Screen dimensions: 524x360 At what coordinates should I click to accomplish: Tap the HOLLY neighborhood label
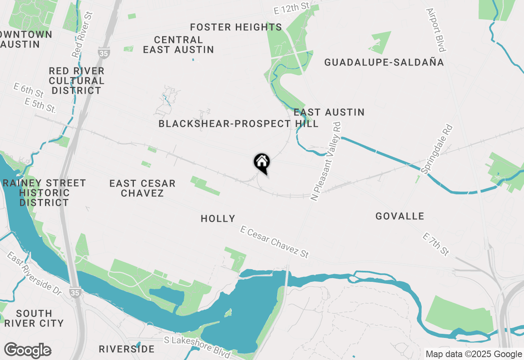218,219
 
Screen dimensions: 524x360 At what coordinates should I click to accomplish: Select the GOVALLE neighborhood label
400,216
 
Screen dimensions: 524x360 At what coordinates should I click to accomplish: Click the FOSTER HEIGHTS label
236,27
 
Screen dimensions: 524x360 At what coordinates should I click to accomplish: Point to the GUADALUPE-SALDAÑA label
384,62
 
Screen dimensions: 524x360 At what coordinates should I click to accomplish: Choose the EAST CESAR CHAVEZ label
142,188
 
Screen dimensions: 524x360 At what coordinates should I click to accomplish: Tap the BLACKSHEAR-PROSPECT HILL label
238,124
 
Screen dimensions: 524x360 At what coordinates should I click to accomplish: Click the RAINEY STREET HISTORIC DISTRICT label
44,193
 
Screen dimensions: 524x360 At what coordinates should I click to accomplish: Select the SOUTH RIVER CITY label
34,318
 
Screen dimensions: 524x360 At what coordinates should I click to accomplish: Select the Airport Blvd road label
436,30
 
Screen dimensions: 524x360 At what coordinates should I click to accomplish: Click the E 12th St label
291,8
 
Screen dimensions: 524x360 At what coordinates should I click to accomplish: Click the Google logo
27,351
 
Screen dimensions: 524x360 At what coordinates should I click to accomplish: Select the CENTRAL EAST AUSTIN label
178,45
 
